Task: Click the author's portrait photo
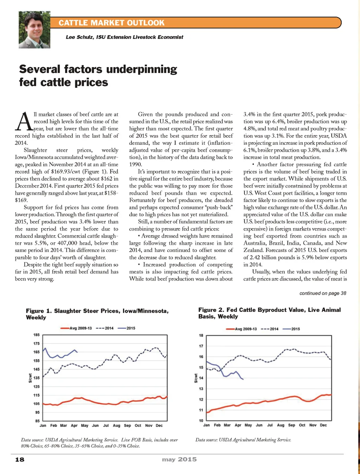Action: tap(34, 30)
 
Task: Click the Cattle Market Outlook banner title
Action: tap(111, 23)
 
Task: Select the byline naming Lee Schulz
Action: tap(124, 37)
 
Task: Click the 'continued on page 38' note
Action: tap(322, 293)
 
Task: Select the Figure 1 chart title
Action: tap(97, 314)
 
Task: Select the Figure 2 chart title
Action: tap(269, 313)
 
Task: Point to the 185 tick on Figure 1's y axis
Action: tap(37, 335)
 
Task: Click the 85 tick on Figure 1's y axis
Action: tap(37, 421)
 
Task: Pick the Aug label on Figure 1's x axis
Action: tap(116, 426)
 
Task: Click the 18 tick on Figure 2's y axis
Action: tap(201, 336)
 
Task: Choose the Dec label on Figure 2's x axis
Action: tap(323, 425)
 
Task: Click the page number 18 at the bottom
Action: tap(20, 459)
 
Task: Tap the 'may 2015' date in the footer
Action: tap(179, 459)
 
